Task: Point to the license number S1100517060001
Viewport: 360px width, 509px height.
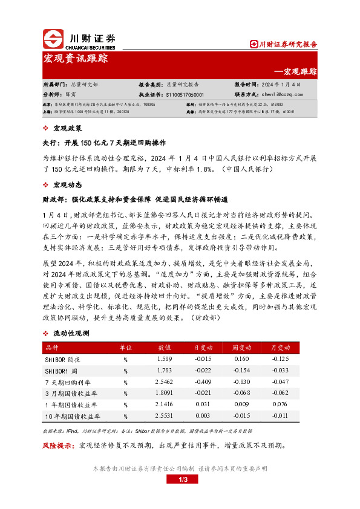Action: tap(188, 94)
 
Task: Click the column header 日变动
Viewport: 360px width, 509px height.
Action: tap(203, 348)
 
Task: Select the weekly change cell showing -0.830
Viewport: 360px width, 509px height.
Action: tap(241, 382)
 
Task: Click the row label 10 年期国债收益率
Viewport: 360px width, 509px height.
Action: tap(71, 417)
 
